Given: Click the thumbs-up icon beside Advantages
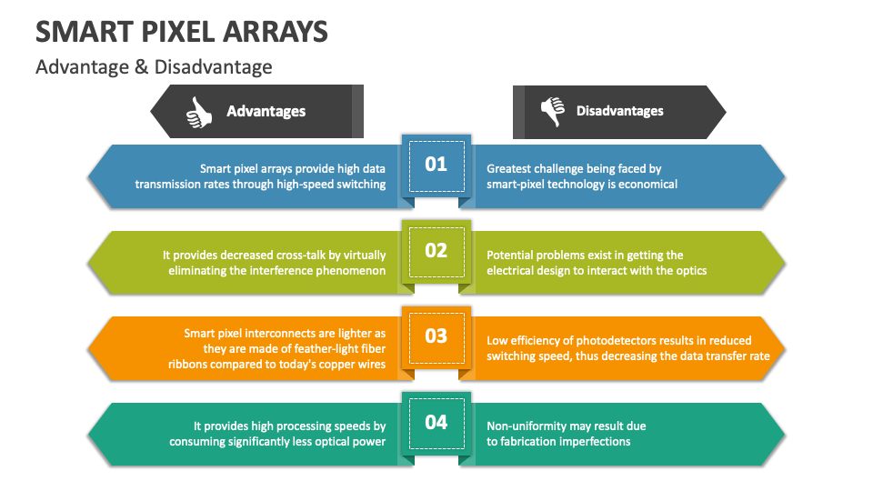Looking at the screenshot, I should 199,112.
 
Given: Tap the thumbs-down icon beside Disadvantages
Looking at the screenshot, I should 552,111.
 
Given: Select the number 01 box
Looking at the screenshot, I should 436,164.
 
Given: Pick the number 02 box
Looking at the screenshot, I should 436,250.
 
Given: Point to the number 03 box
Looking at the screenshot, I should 436,336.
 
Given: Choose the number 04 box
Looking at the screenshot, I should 436,422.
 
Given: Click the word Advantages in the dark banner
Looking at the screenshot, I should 266,112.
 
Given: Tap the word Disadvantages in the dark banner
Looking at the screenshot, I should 619,111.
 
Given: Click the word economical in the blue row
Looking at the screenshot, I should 647,184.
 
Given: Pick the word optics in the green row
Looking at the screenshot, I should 688,270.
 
